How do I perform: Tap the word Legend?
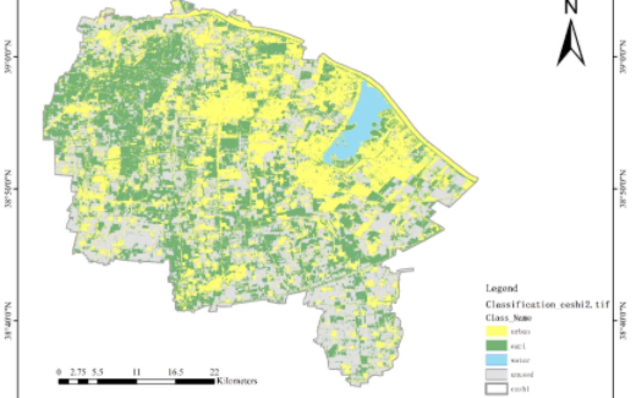tap(502, 288)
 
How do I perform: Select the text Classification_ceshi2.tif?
tap(547, 304)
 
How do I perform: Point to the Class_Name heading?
tap(508, 318)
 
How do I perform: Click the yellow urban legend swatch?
tap(497, 331)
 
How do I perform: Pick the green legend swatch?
tap(497, 346)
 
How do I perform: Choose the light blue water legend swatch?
tap(497, 360)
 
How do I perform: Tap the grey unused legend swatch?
tap(497, 374)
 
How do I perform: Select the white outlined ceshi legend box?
tap(497, 389)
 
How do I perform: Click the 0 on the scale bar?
tap(59, 372)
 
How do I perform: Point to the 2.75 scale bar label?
tap(78, 372)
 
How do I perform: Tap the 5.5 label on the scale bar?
tap(97, 372)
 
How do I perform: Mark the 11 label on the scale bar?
tap(137, 372)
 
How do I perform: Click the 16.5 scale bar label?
tap(176, 372)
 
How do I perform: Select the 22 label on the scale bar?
tap(214, 372)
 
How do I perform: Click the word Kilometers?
tap(237, 381)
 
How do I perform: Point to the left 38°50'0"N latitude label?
tap(8, 189)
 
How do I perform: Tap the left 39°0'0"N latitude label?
tap(8, 57)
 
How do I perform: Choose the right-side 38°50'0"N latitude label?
tap(623, 189)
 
